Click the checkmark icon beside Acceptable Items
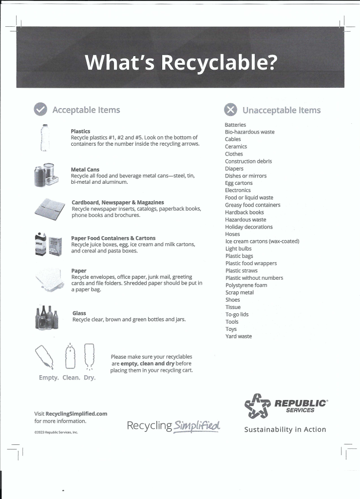point(40,110)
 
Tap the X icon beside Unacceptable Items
point(231,110)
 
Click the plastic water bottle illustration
point(45,137)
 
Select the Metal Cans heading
point(85,170)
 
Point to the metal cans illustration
point(46,175)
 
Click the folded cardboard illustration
point(50,209)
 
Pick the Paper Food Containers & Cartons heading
point(113,238)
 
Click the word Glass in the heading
point(79,313)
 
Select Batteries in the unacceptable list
point(235,125)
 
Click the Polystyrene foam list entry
point(246,285)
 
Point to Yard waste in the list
point(238,336)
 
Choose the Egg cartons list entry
point(239,183)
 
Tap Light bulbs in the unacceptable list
point(238,249)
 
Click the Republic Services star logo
point(257,406)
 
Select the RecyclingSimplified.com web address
point(76,414)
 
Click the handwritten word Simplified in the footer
point(197,425)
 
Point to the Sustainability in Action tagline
point(285,429)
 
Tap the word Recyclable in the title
point(218,62)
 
